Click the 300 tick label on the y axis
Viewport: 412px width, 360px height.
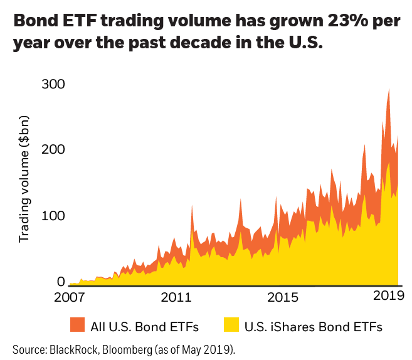53,84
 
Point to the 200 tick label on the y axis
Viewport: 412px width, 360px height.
53,150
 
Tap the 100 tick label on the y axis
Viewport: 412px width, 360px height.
53,216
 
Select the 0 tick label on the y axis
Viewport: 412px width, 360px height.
61,282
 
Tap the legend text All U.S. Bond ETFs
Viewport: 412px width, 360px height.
144,326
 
